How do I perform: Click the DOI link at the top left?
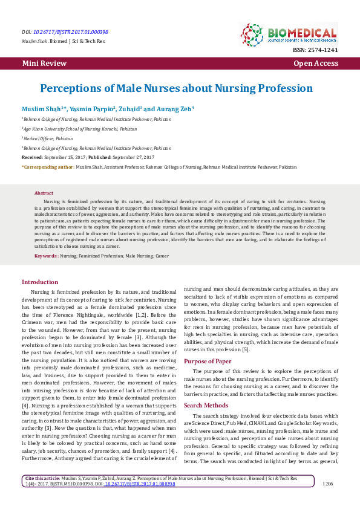(x=71, y=31)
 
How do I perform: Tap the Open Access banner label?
(x=315, y=63)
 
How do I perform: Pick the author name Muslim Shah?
(x=41, y=109)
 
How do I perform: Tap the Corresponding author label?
(x=48, y=166)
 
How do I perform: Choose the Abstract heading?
(x=44, y=193)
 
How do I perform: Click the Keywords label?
(x=46, y=256)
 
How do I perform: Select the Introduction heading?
(x=40, y=282)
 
